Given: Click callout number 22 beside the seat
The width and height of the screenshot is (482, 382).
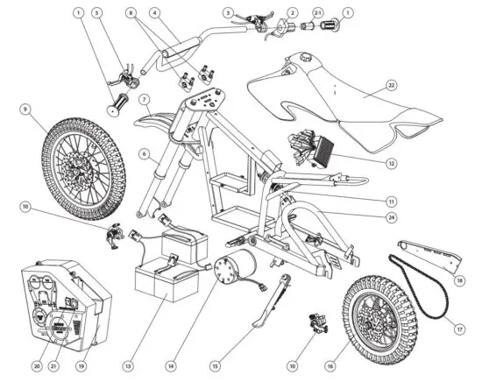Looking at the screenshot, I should coord(393,86).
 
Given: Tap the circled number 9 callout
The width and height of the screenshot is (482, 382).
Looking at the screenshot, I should coord(25,110).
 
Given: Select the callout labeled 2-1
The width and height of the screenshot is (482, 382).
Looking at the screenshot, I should coord(318,14).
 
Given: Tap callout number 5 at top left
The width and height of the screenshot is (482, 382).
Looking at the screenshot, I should coord(97,14).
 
